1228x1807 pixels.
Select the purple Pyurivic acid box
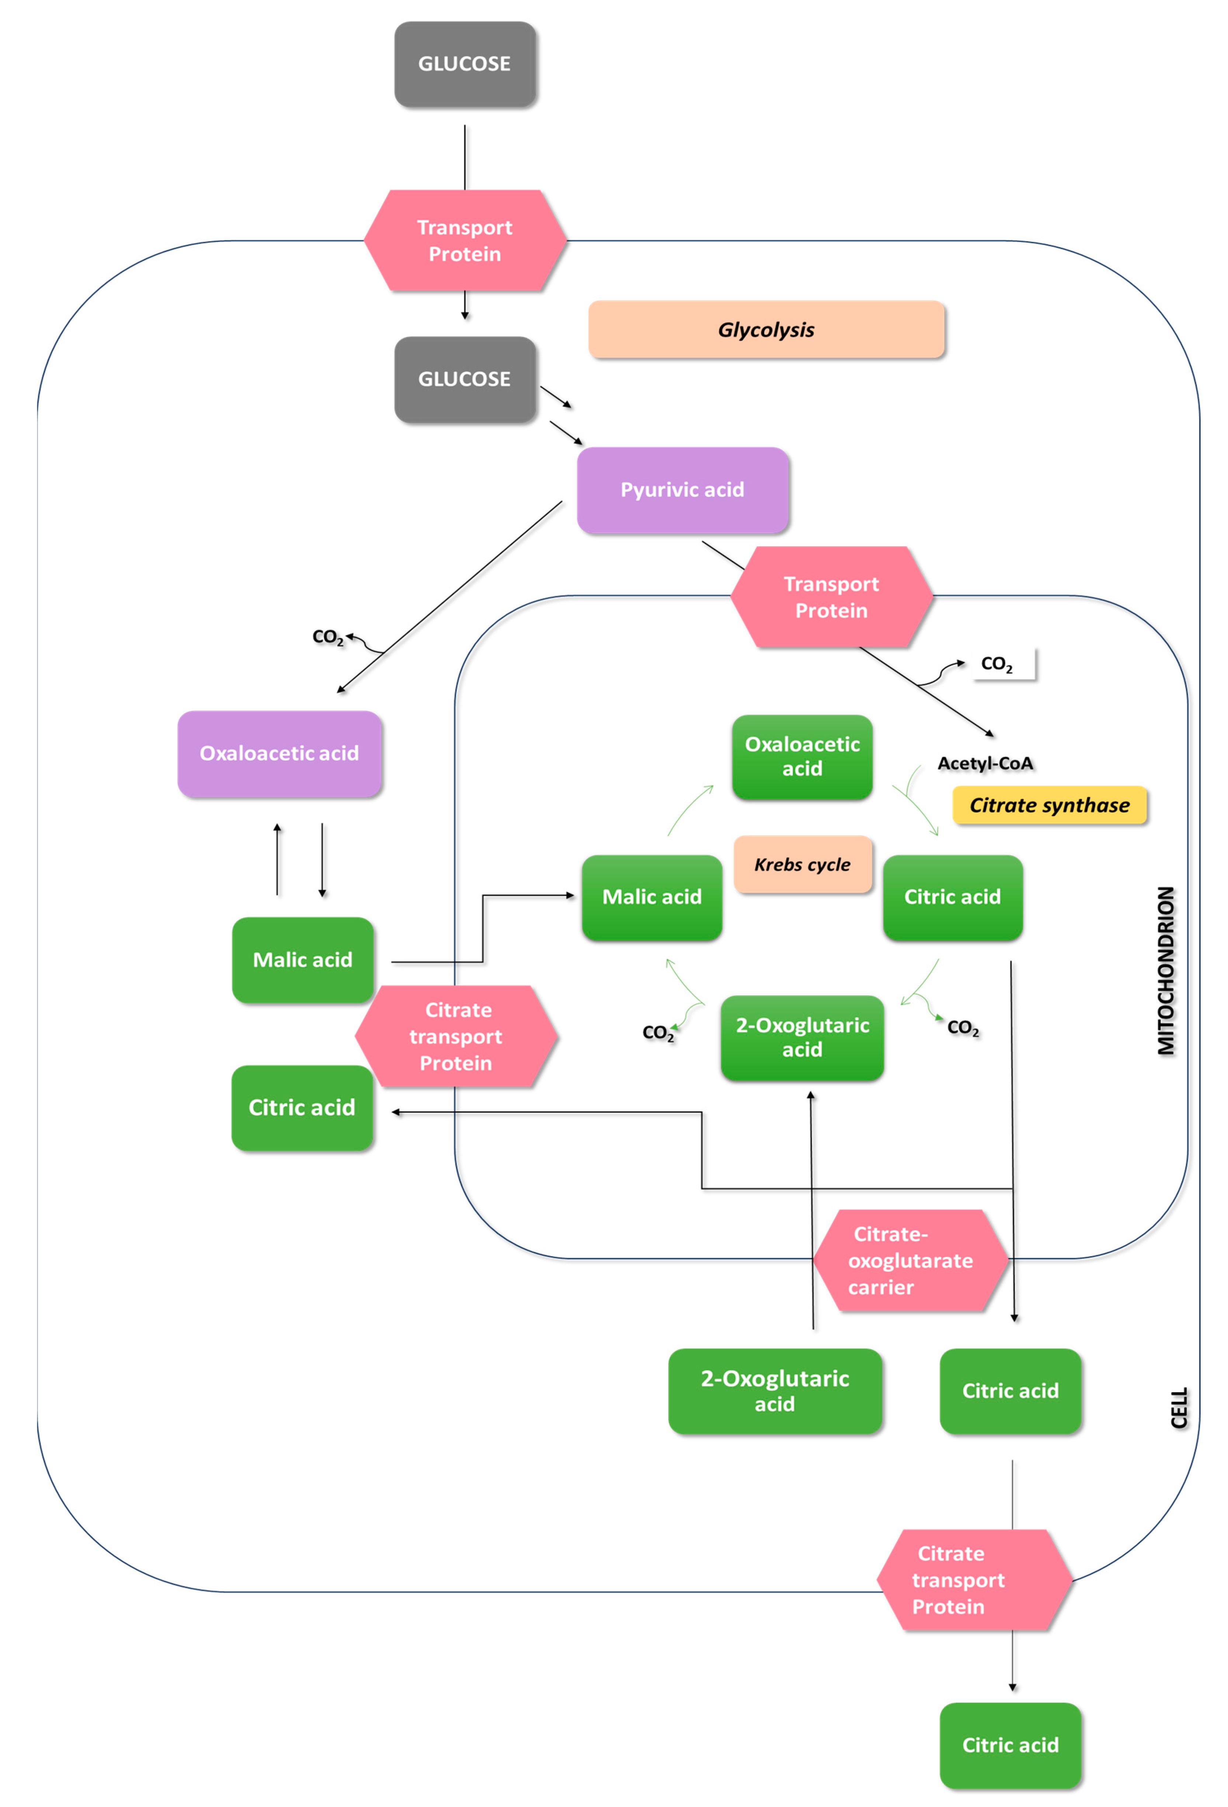[x=682, y=490]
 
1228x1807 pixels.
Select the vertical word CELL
[x=1179, y=1407]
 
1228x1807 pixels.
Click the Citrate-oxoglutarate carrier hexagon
[x=910, y=1260]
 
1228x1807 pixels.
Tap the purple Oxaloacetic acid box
[x=279, y=753]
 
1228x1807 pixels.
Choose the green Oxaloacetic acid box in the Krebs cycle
[x=802, y=756]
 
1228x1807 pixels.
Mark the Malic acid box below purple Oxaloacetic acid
[x=303, y=960]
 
